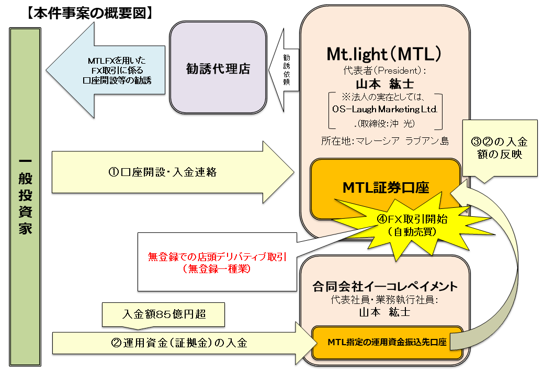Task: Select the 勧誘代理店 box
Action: point(218,68)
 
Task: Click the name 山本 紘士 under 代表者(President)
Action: point(385,84)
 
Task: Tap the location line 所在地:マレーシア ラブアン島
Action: point(386,140)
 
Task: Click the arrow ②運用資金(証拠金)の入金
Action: point(178,343)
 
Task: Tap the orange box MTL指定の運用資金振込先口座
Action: point(387,343)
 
